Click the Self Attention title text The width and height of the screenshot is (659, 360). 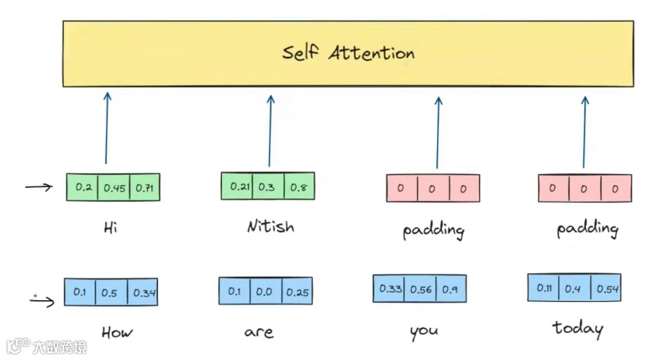[x=348, y=53]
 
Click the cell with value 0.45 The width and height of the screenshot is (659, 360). [x=114, y=188]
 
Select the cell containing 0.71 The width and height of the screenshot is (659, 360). [x=145, y=188]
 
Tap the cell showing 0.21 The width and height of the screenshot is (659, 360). [x=239, y=187]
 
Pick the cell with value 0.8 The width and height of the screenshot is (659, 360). [x=298, y=187]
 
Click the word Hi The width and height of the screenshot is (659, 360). [x=110, y=227]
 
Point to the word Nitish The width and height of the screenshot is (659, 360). [x=271, y=226]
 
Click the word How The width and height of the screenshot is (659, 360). [x=117, y=332]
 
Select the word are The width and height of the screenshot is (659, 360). [x=259, y=332]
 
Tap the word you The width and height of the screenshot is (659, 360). [x=424, y=331]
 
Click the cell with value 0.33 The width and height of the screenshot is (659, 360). [x=390, y=289]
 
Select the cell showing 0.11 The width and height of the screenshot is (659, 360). [x=542, y=289]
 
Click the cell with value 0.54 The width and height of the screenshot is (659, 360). [x=607, y=289]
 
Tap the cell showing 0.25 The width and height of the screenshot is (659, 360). [x=297, y=292]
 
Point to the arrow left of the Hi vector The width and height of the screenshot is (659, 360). [x=39, y=187]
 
